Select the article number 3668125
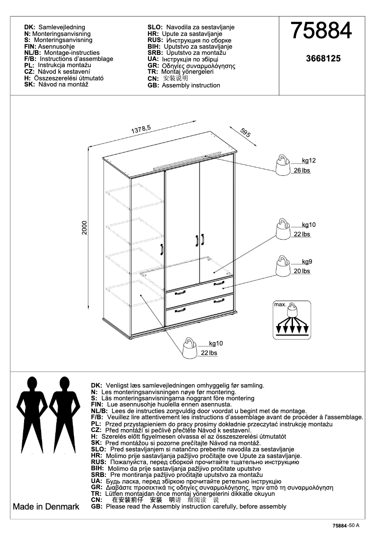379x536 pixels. click(323, 59)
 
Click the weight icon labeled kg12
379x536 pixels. click(283, 165)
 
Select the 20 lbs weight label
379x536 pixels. click(302, 271)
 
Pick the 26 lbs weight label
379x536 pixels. click(302, 171)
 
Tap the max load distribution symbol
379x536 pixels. click(292, 320)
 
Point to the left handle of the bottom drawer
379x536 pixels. click(181, 311)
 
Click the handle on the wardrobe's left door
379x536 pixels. click(161, 250)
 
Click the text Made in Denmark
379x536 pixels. click(46, 507)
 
